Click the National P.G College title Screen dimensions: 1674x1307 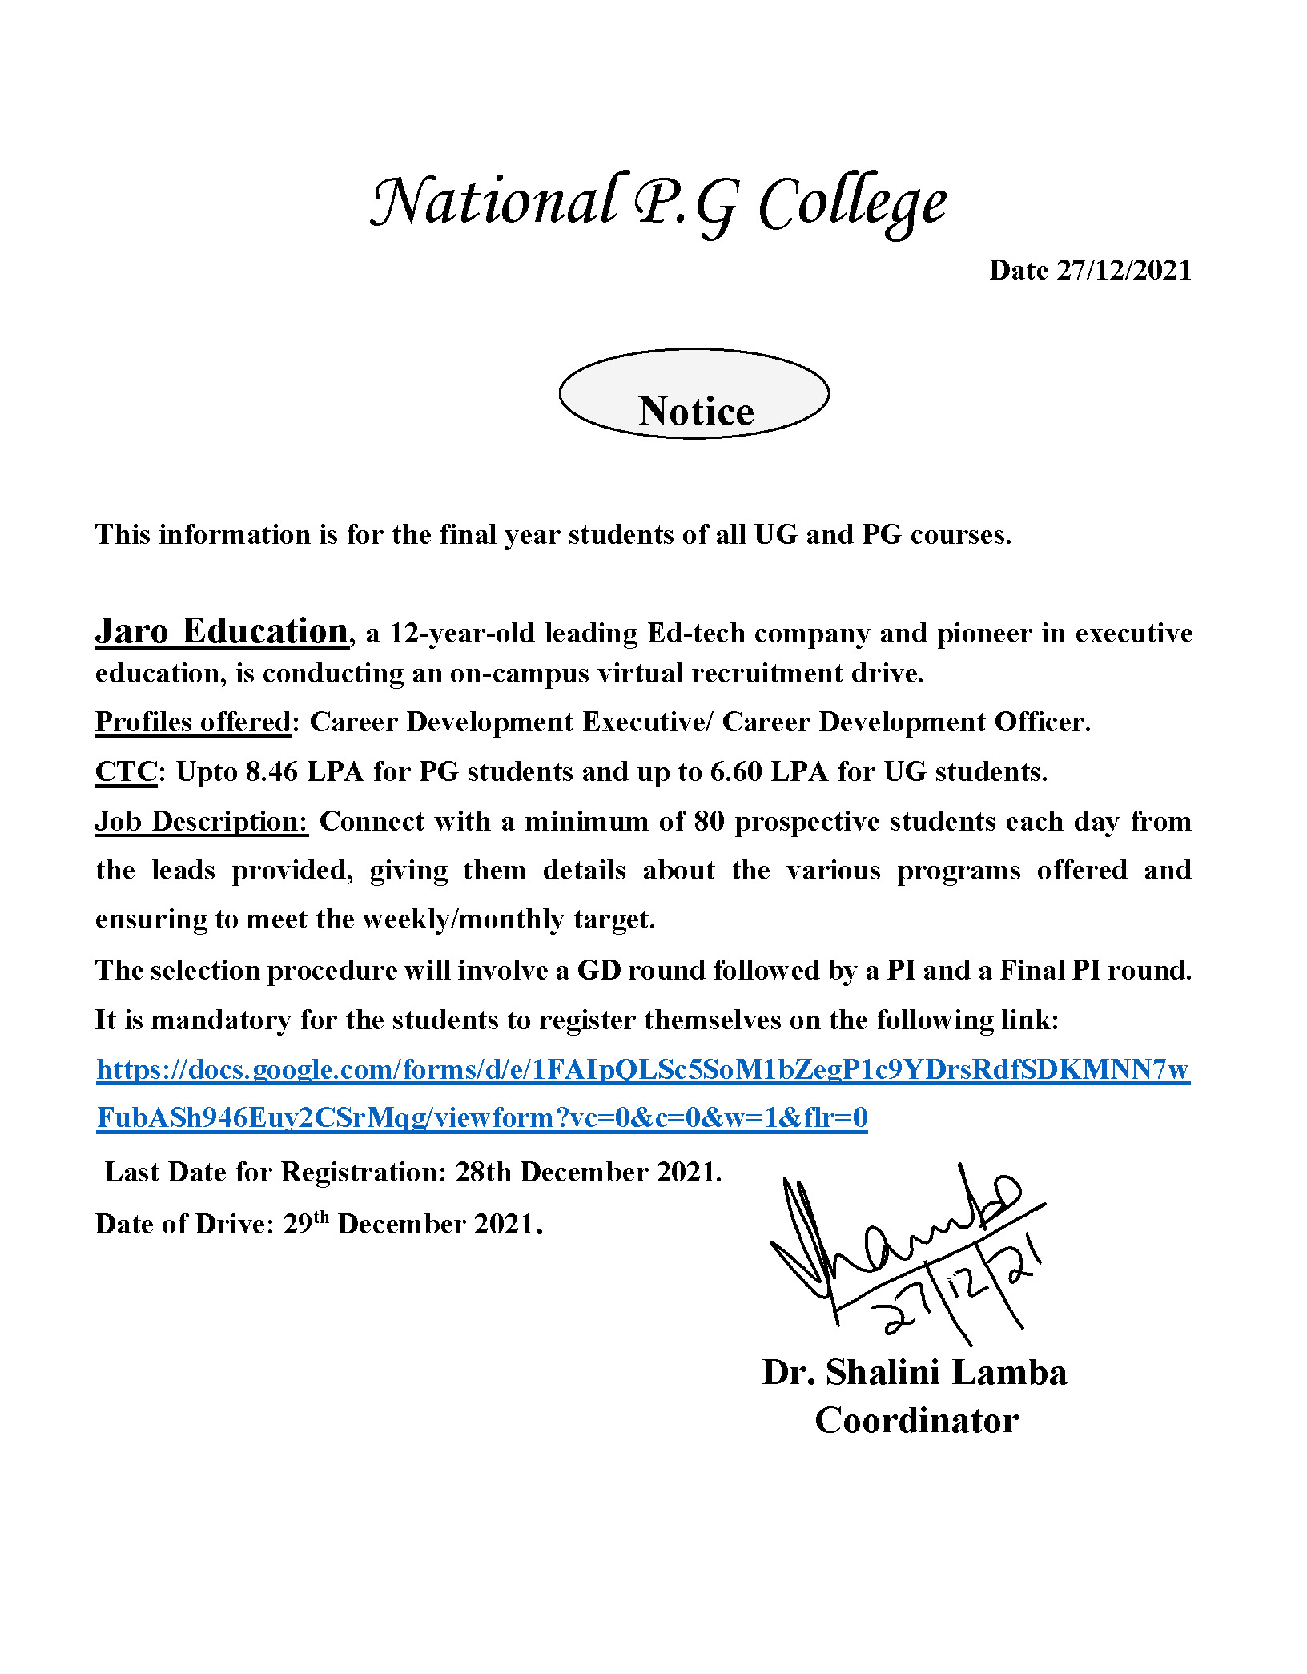tap(658, 203)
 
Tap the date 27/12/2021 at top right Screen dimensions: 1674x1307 tap(1090, 271)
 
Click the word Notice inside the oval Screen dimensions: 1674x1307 tap(695, 411)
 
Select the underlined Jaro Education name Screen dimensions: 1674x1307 tap(222, 631)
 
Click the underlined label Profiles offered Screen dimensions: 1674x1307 tap(193, 722)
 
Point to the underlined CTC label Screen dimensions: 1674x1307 tap(126, 772)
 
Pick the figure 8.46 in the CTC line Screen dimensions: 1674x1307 tap(271, 772)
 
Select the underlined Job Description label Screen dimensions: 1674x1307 tap(201, 822)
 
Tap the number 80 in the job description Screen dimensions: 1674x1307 tap(710, 822)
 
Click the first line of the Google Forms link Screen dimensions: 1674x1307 tap(642, 1070)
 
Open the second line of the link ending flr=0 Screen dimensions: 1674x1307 tap(482, 1118)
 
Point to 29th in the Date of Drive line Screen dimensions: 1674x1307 tap(306, 1224)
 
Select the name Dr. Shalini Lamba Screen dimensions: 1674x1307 tap(915, 1373)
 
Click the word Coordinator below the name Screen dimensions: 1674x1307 tap(916, 1421)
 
